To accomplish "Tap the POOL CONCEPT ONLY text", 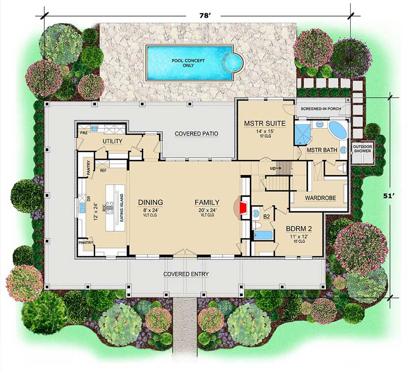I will [188, 63].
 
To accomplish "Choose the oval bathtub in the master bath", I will [337, 131].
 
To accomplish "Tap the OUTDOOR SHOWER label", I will [364, 149].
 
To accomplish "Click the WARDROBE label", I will [319, 199].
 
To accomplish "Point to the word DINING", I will [150, 202].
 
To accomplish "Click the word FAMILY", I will [207, 202].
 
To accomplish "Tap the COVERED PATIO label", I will [196, 133].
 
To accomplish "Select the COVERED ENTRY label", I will [186, 274].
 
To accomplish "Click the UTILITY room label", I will [112, 141].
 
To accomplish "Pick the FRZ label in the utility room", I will [83, 133].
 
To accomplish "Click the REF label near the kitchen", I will [104, 171].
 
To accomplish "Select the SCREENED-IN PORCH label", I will [321, 107].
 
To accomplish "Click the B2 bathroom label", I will [266, 216].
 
